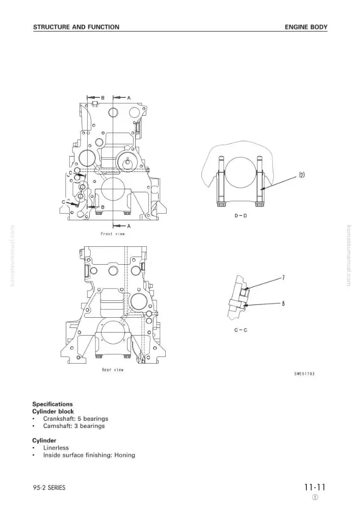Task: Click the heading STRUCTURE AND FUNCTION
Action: [76, 27]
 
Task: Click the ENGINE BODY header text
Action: [306, 27]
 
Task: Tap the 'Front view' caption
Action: [113, 234]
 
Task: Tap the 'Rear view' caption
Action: [113, 369]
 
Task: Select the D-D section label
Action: [241, 216]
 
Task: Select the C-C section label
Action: [241, 330]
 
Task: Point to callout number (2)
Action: [302, 175]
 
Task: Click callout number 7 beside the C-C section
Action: [283, 278]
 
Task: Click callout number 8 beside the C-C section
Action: [283, 303]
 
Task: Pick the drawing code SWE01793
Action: [304, 374]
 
